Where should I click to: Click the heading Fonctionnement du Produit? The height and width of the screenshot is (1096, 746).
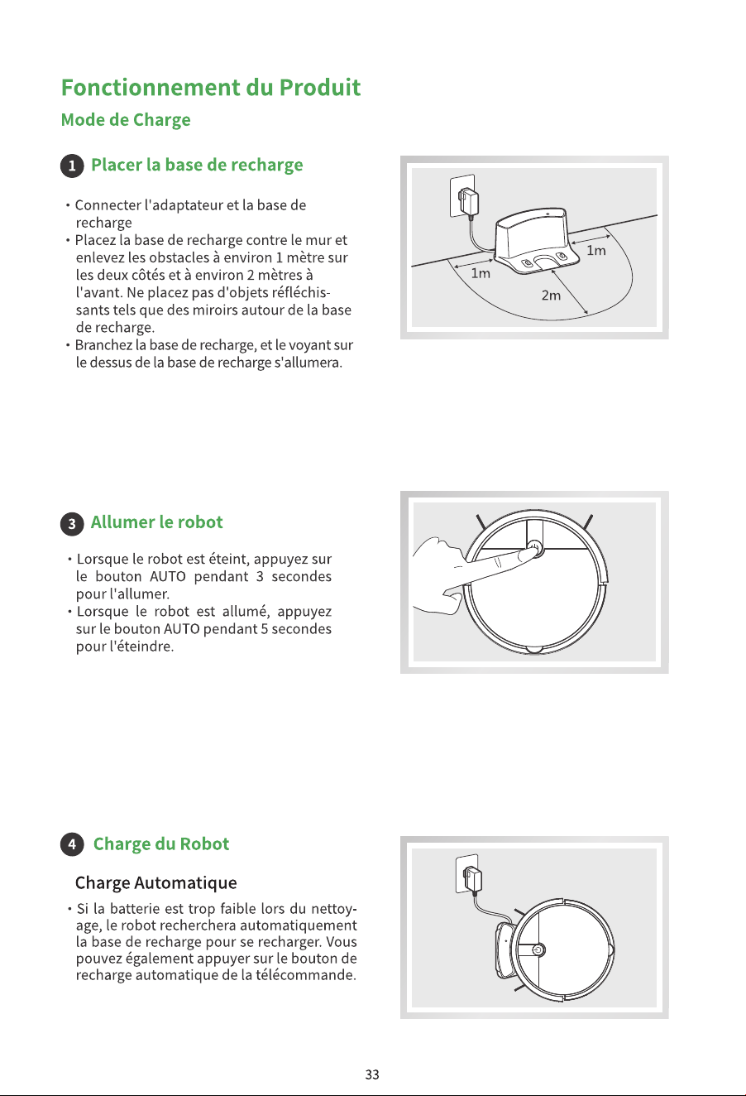pos(211,88)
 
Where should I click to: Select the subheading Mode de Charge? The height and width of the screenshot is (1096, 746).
pos(126,120)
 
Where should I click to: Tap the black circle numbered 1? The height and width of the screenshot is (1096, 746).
pos(72,166)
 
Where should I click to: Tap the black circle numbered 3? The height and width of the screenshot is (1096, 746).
pos(72,524)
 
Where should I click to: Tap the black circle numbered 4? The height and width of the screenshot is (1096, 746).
pos(72,844)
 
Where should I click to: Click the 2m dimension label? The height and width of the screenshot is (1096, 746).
pos(551,296)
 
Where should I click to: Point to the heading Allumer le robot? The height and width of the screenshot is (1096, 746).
pos(156,522)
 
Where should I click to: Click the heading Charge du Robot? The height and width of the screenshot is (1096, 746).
pos(160,844)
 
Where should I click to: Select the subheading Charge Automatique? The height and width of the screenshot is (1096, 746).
pos(156,882)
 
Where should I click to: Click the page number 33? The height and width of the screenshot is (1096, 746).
pos(372,1074)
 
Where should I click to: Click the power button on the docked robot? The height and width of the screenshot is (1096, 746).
pos(538,950)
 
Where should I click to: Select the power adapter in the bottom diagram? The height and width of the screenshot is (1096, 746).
pos(473,878)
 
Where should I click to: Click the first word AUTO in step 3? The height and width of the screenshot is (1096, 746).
pos(168,576)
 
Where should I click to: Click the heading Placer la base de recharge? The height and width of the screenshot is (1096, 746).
pos(197,165)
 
